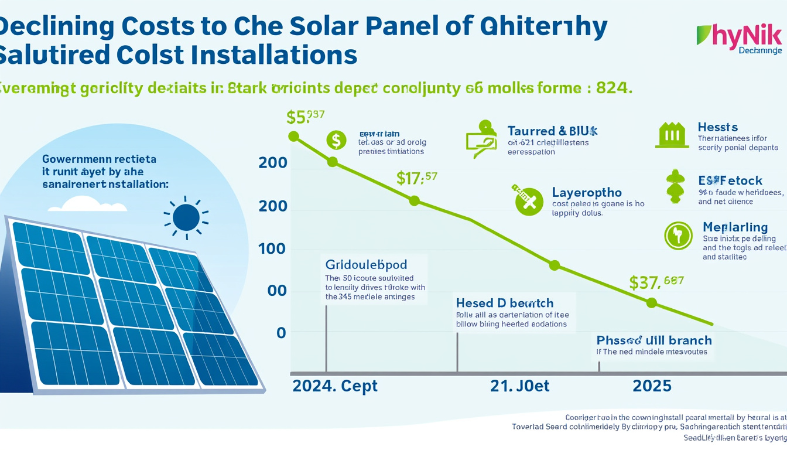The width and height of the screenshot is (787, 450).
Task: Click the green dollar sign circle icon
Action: coord(336,141)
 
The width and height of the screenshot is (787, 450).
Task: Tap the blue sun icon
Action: coord(186,217)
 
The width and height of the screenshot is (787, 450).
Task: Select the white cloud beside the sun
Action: coord(88,204)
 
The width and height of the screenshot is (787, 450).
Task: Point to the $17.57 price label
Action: coord(416,178)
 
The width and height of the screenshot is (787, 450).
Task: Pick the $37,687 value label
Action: coord(656,283)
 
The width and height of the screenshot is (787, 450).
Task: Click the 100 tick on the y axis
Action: coord(272,250)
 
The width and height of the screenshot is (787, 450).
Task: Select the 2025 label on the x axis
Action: coord(652,387)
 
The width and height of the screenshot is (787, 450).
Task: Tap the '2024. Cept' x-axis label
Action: coord(335,387)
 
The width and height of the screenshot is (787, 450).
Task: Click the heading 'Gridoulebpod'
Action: coord(366,264)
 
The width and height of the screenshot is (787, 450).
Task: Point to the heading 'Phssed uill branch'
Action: coord(653,340)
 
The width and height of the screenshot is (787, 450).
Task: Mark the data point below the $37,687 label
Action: coord(651,303)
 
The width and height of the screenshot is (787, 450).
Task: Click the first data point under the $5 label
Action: coord(295,137)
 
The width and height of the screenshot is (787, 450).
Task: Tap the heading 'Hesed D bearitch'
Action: coord(504,303)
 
